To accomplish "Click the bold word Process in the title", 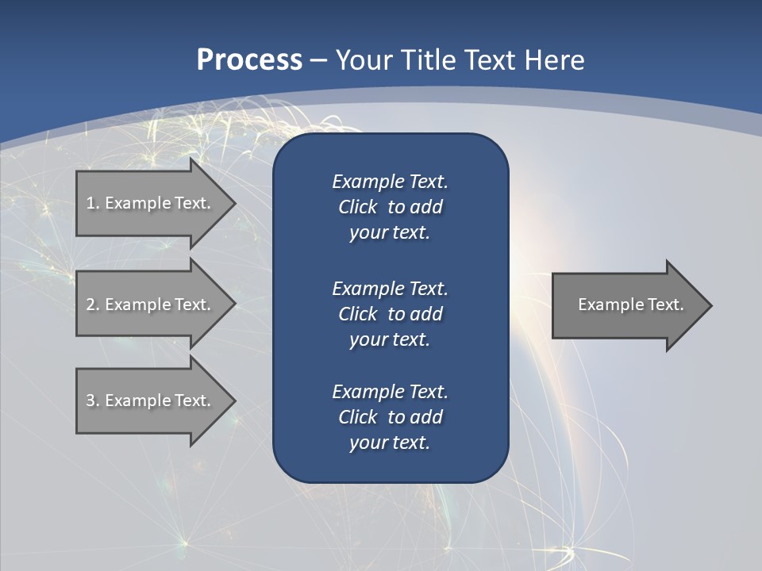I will point(249,59).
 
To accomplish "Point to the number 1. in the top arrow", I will point(93,203).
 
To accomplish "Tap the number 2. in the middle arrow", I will point(93,305).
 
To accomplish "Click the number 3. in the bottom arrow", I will point(93,400).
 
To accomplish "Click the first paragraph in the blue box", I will point(390,207).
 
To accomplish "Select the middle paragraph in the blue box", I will point(390,314).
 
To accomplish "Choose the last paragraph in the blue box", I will point(390,417).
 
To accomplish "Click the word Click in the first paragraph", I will point(357,207).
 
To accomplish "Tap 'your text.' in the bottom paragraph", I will point(390,443).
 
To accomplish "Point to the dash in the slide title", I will point(318,60).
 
